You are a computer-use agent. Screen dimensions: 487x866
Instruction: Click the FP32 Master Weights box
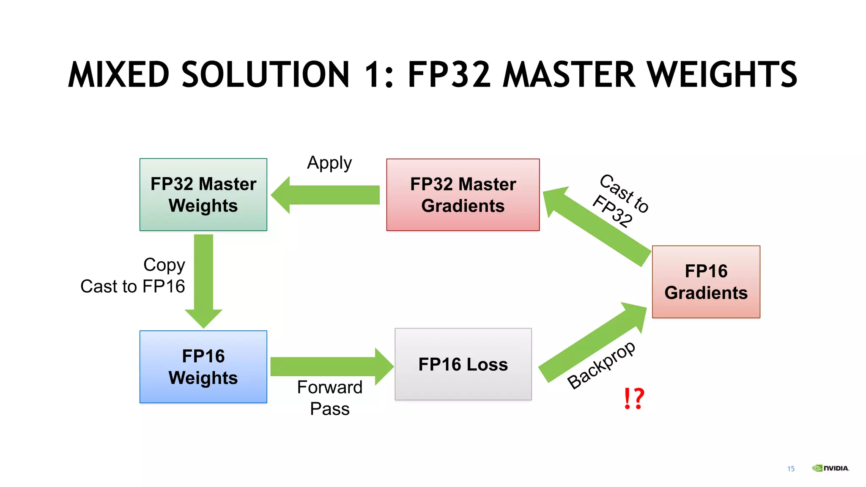click(x=203, y=194)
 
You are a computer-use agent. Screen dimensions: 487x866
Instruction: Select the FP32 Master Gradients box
click(x=463, y=194)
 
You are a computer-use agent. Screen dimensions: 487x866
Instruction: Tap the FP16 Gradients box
click(x=706, y=282)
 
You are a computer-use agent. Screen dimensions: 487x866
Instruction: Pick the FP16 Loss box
click(x=463, y=364)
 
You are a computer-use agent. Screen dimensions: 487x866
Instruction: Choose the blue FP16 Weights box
click(x=203, y=367)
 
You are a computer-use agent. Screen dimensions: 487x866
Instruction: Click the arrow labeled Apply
click(x=326, y=195)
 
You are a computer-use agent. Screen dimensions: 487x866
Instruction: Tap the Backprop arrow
click(x=592, y=342)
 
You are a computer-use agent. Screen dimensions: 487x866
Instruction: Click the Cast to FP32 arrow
click(x=596, y=226)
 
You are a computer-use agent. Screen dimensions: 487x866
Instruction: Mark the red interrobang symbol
click(x=633, y=398)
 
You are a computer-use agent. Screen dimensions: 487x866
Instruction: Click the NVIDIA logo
click(x=830, y=468)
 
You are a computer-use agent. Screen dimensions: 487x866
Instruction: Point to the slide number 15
click(x=791, y=468)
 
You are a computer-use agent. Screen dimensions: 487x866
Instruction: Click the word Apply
click(x=329, y=163)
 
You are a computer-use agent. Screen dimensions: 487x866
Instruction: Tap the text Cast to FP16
click(x=132, y=286)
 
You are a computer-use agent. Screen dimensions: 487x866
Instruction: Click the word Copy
click(x=164, y=265)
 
